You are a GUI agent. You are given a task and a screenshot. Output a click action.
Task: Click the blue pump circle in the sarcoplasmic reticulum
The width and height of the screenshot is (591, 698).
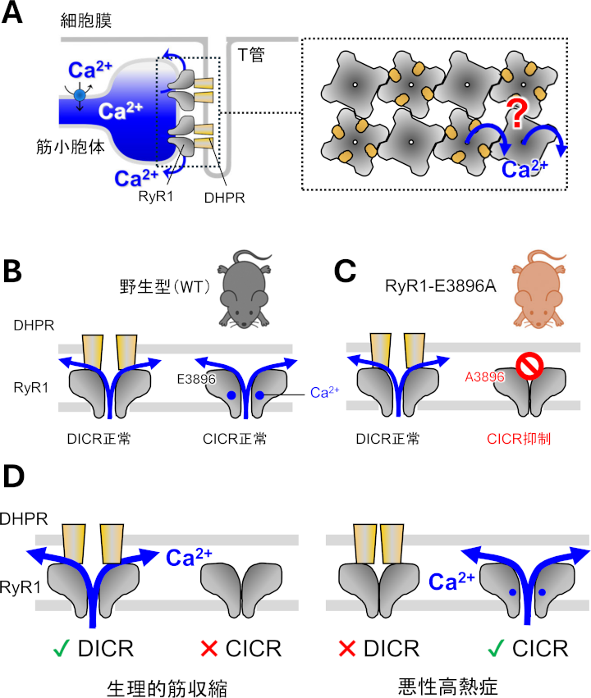click(x=79, y=95)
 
